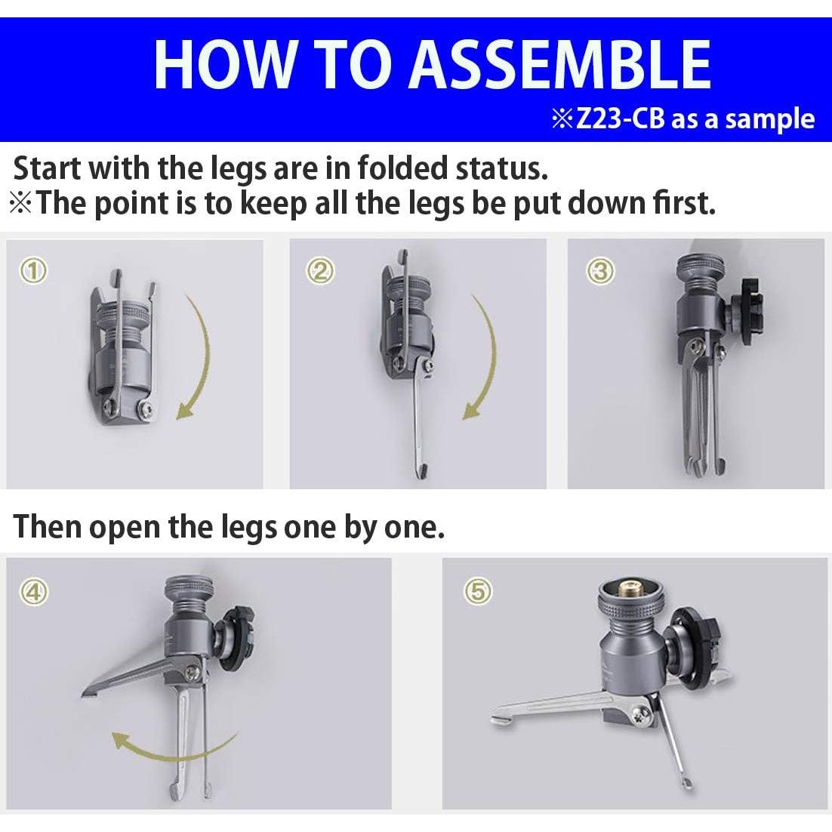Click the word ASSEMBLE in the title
[x=559, y=65]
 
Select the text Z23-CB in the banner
[x=620, y=119]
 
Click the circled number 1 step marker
[x=34, y=271]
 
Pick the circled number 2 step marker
[x=321, y=271]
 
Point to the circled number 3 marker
[x=600, y=271]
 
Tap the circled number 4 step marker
[x=34, y=591]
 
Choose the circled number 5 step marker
[x=478, y=591]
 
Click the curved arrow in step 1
[x=205, y=353]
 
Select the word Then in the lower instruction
[x=46, y=527]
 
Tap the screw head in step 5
[x=642, y=717]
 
